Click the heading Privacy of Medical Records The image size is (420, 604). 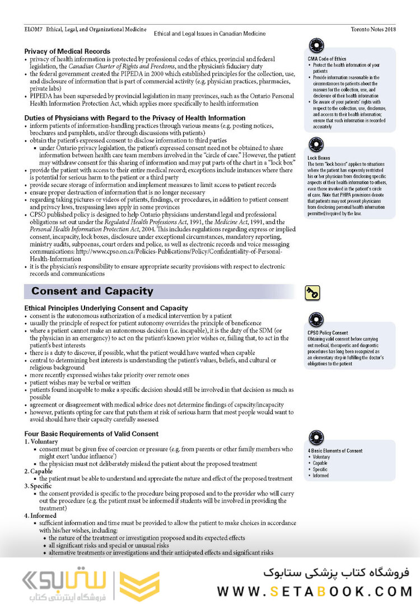(67, 51)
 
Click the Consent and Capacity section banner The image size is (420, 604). (92, 291)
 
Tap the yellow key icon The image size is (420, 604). (312, 292)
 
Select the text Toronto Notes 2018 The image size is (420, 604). (373, 29)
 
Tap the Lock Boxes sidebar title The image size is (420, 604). (319, 158)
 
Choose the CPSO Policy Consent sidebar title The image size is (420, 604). (328, 333)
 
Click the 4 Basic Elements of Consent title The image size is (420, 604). (335, 450)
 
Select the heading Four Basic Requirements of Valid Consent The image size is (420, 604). (91, 434)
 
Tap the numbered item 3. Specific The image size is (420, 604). (39, 486)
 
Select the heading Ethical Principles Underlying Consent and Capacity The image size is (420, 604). (106, 308)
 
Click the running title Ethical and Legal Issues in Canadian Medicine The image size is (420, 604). (209, 34)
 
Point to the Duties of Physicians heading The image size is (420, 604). (135, 118)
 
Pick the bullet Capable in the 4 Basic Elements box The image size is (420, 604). (320, 463)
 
